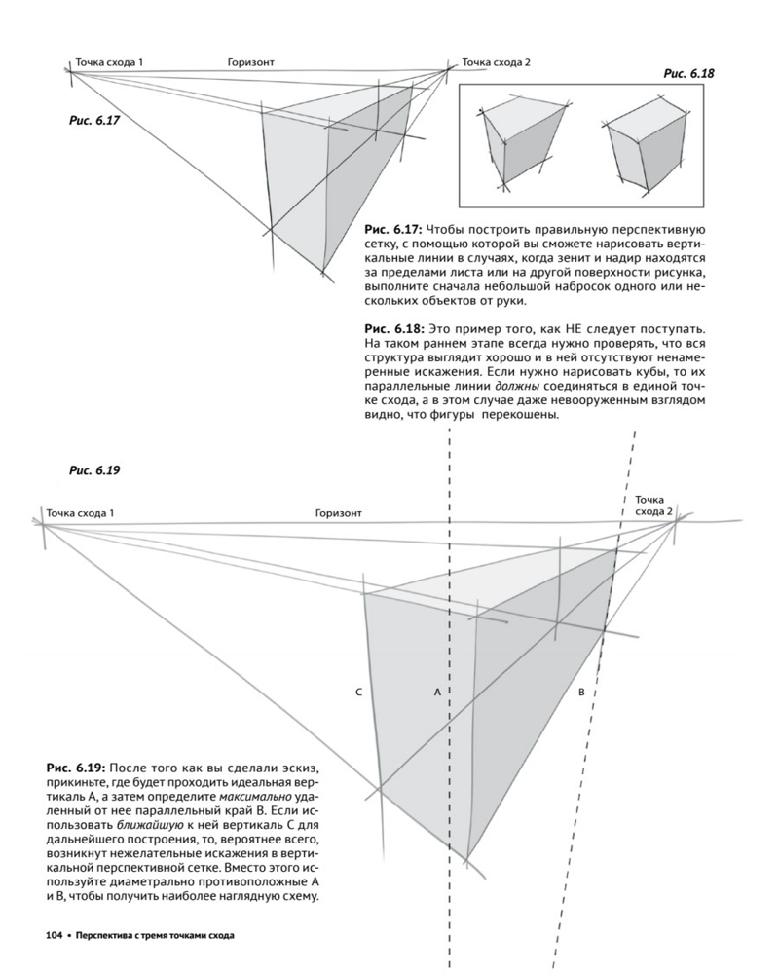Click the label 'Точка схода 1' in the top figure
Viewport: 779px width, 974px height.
coord(109,63)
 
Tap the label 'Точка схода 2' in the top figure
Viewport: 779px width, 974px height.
coord(496,63)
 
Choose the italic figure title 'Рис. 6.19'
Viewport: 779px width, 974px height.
coord(93,470)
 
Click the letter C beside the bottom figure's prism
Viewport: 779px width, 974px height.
coord(359,692)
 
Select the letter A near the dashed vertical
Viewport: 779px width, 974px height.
coord(437,692)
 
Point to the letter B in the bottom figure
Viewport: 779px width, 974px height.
coord(580,692)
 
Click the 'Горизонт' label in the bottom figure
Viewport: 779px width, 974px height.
coord(338,512)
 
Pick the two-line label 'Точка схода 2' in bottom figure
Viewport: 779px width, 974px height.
coord(653,506)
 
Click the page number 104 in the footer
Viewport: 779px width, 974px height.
coord(55,937)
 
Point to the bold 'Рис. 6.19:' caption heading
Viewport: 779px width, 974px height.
coord(75,766)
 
